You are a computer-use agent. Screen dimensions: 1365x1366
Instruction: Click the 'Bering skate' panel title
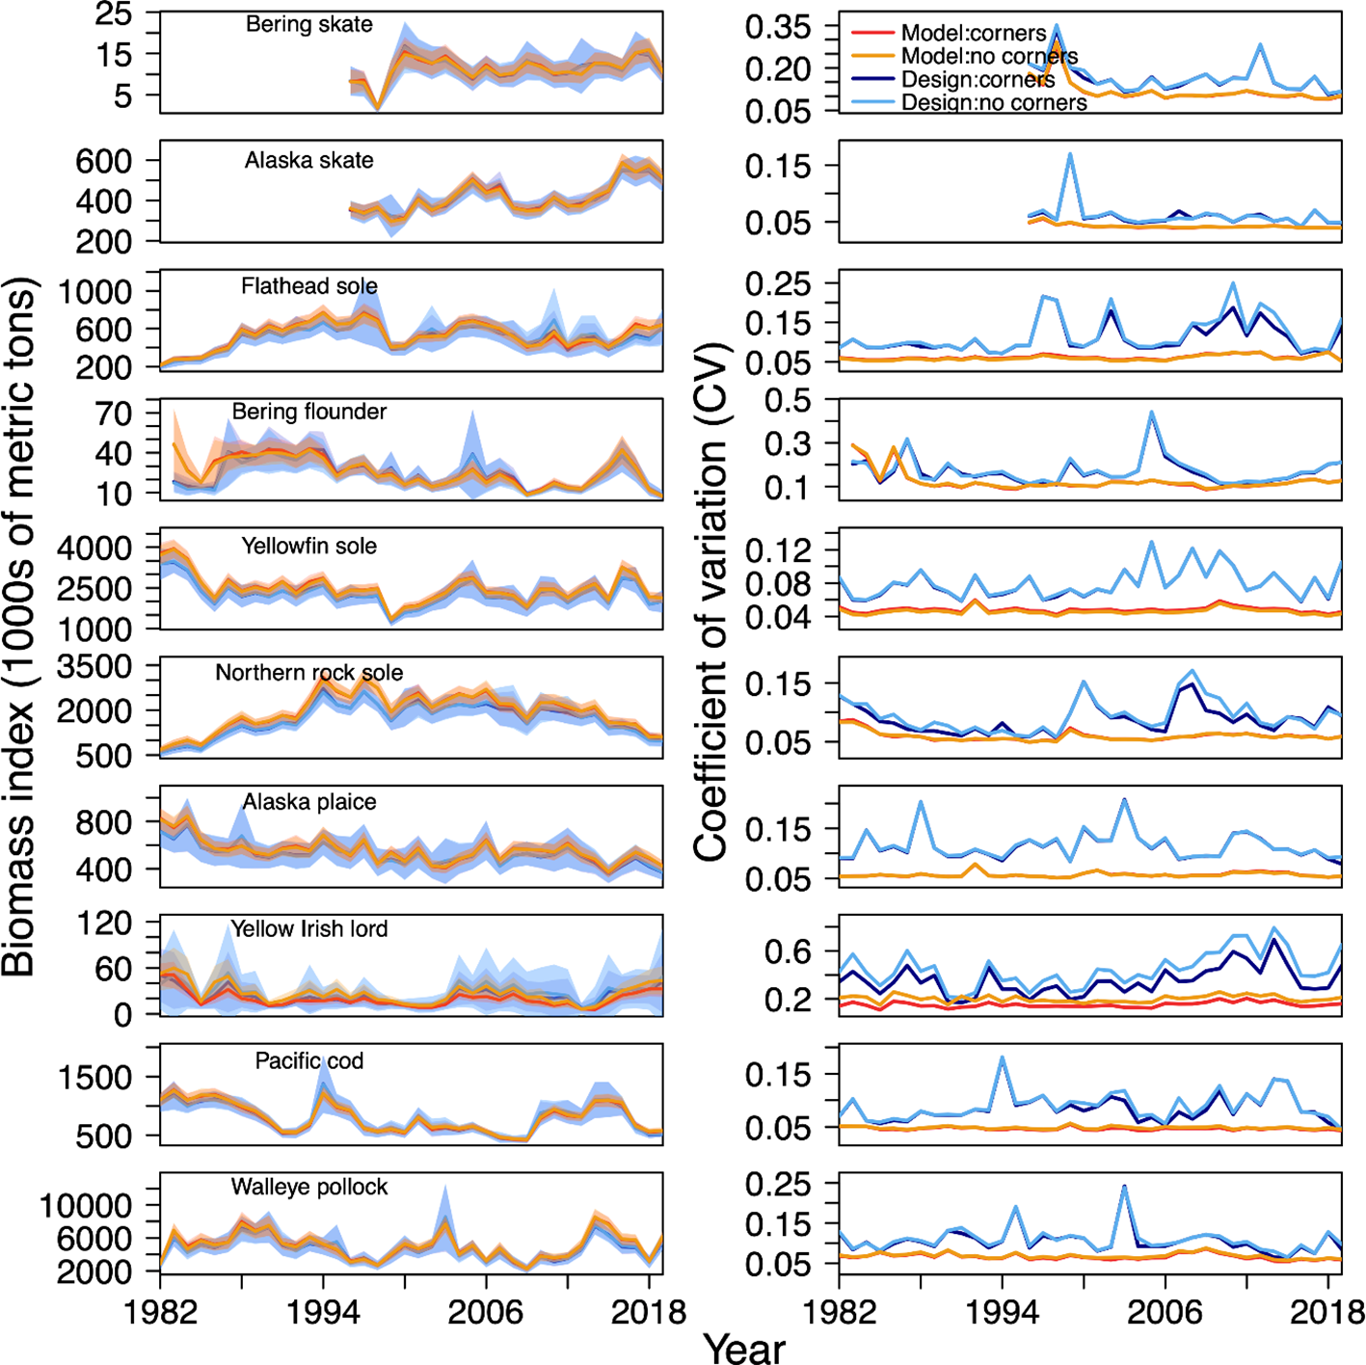tap(308, 25)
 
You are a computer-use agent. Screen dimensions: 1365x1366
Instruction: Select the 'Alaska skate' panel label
tap(308, 161)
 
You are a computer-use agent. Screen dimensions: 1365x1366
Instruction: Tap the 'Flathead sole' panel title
tap(308, 286)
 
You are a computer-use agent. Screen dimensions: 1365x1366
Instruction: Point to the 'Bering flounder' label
tap(308, 413)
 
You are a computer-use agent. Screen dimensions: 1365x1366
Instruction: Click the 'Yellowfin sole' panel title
tap(308, 547)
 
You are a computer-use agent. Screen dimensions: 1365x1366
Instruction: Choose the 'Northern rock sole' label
tap(308, 673)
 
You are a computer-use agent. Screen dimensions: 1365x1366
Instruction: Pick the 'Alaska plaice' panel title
tap(308, 802)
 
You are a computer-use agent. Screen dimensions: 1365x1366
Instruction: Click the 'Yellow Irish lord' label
tap(308, 929)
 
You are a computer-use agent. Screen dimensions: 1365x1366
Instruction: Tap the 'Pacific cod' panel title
tap(308, 1061)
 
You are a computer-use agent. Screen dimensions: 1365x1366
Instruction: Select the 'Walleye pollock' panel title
tap(308, 1188)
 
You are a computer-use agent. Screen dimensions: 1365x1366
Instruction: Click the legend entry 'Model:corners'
tap(973, 34)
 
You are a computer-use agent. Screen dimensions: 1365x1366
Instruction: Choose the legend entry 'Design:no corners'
tap(993, 102)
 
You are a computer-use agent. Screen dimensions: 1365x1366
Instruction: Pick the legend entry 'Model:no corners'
tap(989, 57)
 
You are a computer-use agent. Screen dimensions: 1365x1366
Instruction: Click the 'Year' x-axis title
tap(744, 1348)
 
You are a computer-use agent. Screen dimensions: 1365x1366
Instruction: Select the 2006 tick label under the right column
tap(1165, 1312)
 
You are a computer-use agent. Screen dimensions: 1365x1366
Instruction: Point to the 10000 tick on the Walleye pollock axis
tap(85, 1206)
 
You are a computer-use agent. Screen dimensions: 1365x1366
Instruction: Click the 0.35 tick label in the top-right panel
tap(778, 28)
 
